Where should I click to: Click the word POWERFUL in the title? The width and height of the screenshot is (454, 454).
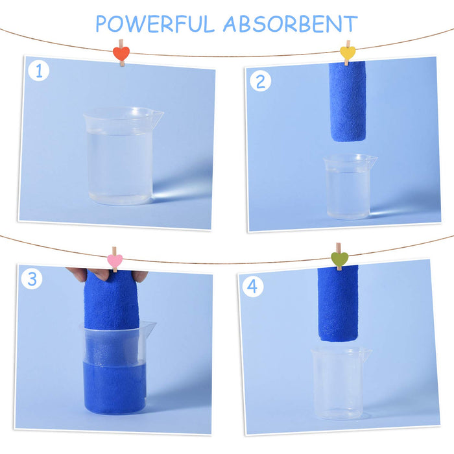point(156,23)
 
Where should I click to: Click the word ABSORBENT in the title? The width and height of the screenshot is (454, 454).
point(290,23)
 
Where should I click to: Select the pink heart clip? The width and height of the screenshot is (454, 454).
point(114,261)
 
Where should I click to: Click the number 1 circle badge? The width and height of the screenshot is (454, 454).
point(38,71)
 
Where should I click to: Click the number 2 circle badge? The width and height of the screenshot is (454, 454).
point(261,81)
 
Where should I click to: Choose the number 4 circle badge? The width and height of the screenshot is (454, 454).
point(252,286)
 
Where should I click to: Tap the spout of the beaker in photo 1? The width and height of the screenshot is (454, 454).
point(156,117)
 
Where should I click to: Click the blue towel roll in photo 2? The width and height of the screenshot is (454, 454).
point(348,102)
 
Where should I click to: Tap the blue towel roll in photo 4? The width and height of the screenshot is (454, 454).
point(337,304)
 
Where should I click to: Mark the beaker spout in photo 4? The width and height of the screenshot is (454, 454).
point(366,353)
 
